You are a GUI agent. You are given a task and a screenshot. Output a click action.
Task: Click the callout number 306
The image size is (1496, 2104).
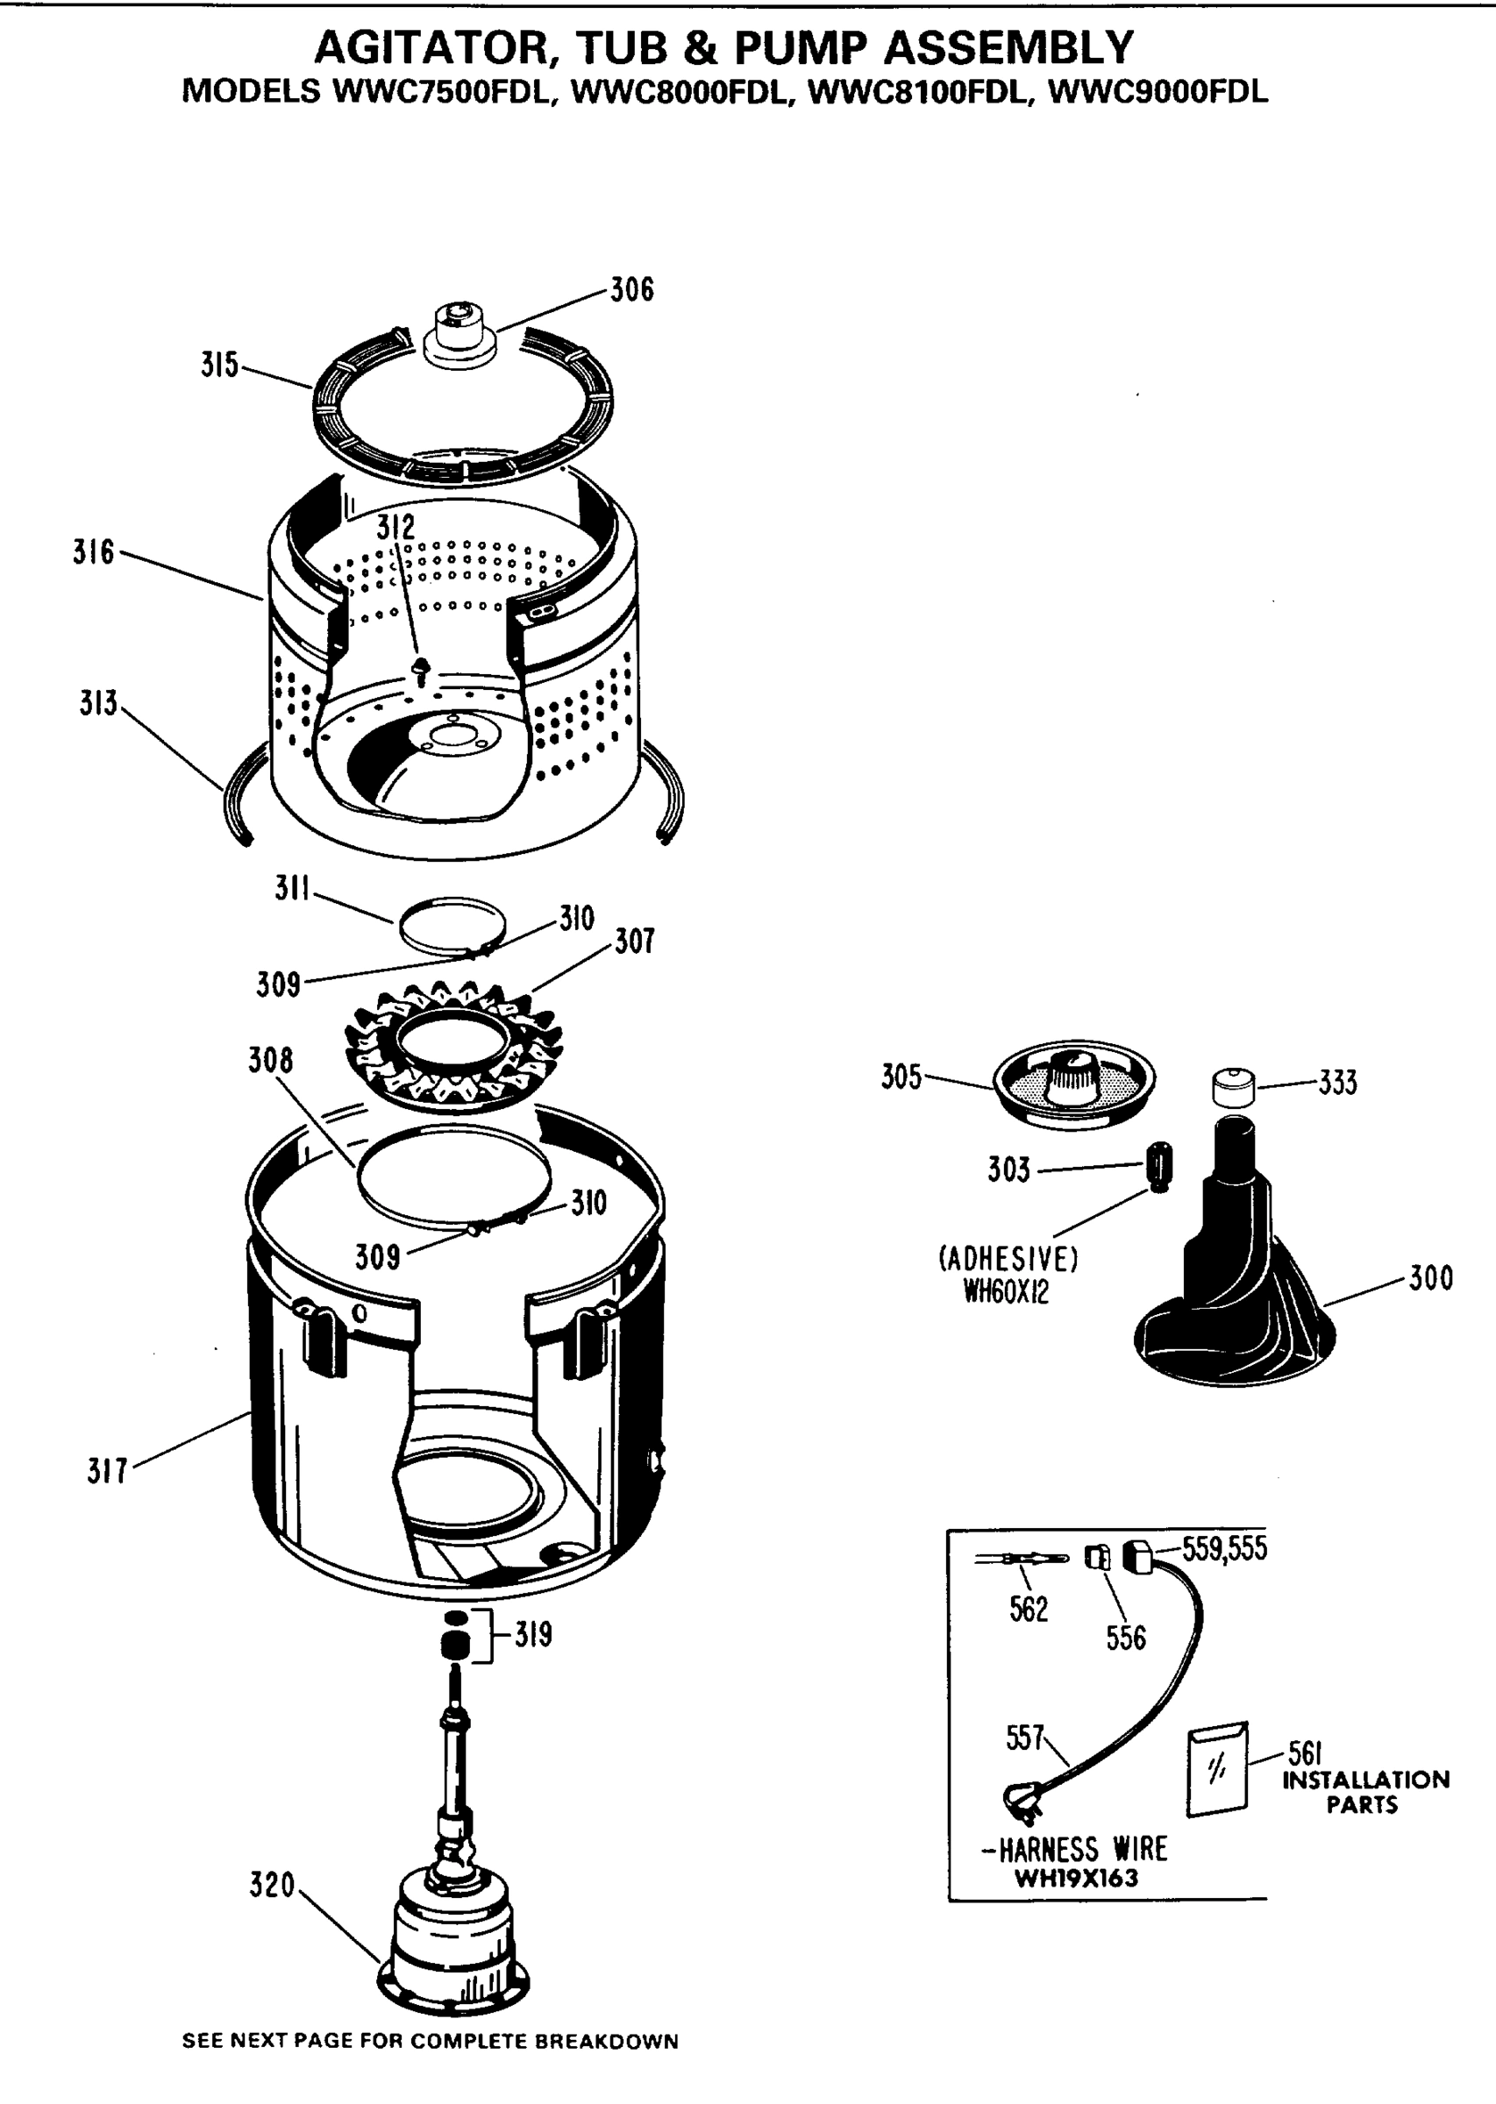coord(632,290)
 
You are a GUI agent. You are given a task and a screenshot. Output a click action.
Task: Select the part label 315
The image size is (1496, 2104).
coord(219,366)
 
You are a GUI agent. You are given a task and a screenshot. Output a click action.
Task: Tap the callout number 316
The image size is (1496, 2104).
coord(93,552)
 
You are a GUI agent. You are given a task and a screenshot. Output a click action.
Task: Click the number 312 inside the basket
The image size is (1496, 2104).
coord(395,528)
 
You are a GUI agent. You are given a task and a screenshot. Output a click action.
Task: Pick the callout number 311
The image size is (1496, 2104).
coord(292,889)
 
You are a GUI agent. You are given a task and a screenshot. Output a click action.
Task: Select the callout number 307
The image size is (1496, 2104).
coord(634,941)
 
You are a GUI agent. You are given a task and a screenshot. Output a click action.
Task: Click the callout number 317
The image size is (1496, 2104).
coord(107,1471)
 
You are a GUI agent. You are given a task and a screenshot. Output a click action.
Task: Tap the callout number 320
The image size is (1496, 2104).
coord(272,1885)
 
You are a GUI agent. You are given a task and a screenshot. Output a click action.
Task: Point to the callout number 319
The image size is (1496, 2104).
coord(532,1634)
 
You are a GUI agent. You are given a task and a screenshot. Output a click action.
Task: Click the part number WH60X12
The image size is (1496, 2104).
coord(1006,1293)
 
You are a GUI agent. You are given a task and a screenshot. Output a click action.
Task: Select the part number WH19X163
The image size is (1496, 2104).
coord(1076,1878)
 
